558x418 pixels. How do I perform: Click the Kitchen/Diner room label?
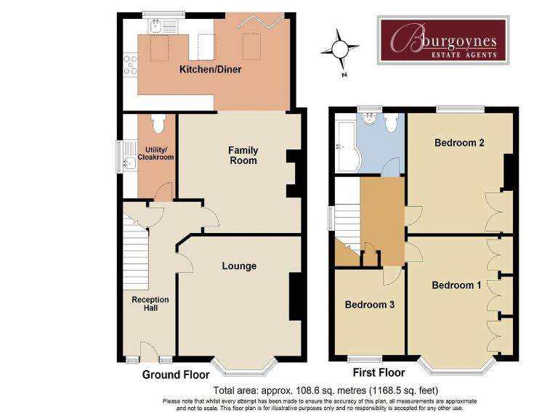click(211, 70)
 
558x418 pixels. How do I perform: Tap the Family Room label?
click(243, 155)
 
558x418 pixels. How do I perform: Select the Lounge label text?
click(239, 266)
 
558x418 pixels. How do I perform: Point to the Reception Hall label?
click(150, 304)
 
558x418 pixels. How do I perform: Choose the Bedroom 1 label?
click(456, 285)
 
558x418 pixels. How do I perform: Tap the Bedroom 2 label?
click(459, 143)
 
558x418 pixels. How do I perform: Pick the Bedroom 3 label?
click(369, 305)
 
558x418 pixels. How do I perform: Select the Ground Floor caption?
click(176, 375)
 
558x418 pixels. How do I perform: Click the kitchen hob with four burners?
click(131, 65)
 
